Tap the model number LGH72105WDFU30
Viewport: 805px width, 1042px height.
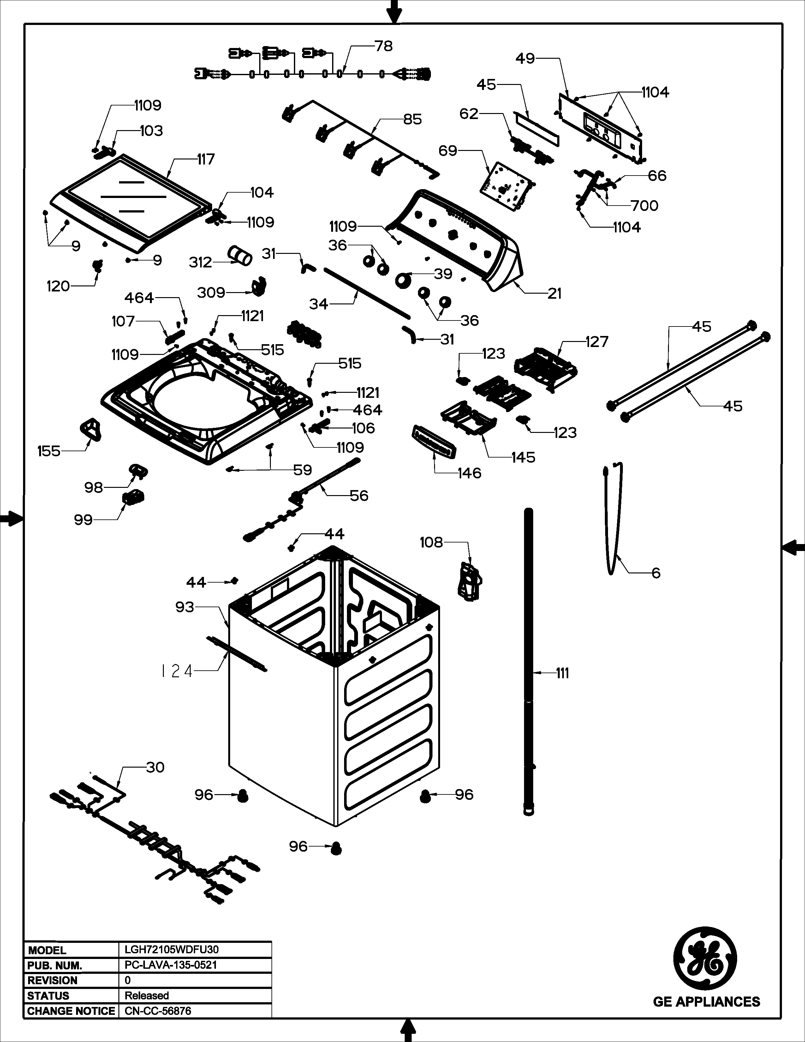click(x=172, y=949)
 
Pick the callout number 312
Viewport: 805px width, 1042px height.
click(x=200, y=262)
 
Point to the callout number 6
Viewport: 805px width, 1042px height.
click(x=656, y=573)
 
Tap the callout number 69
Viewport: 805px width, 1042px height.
click(x=448, y=151)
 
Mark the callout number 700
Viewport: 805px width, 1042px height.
click(x=644, y=206)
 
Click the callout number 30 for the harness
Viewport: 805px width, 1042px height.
click(x=155, y=767)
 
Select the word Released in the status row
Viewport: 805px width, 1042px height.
click(x=147, y=996)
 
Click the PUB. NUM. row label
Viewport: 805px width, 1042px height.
click(x=55, y=965)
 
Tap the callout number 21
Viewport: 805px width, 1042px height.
click(x=554, y=293)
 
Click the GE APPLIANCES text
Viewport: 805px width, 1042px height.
click(x=706, y=1002)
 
